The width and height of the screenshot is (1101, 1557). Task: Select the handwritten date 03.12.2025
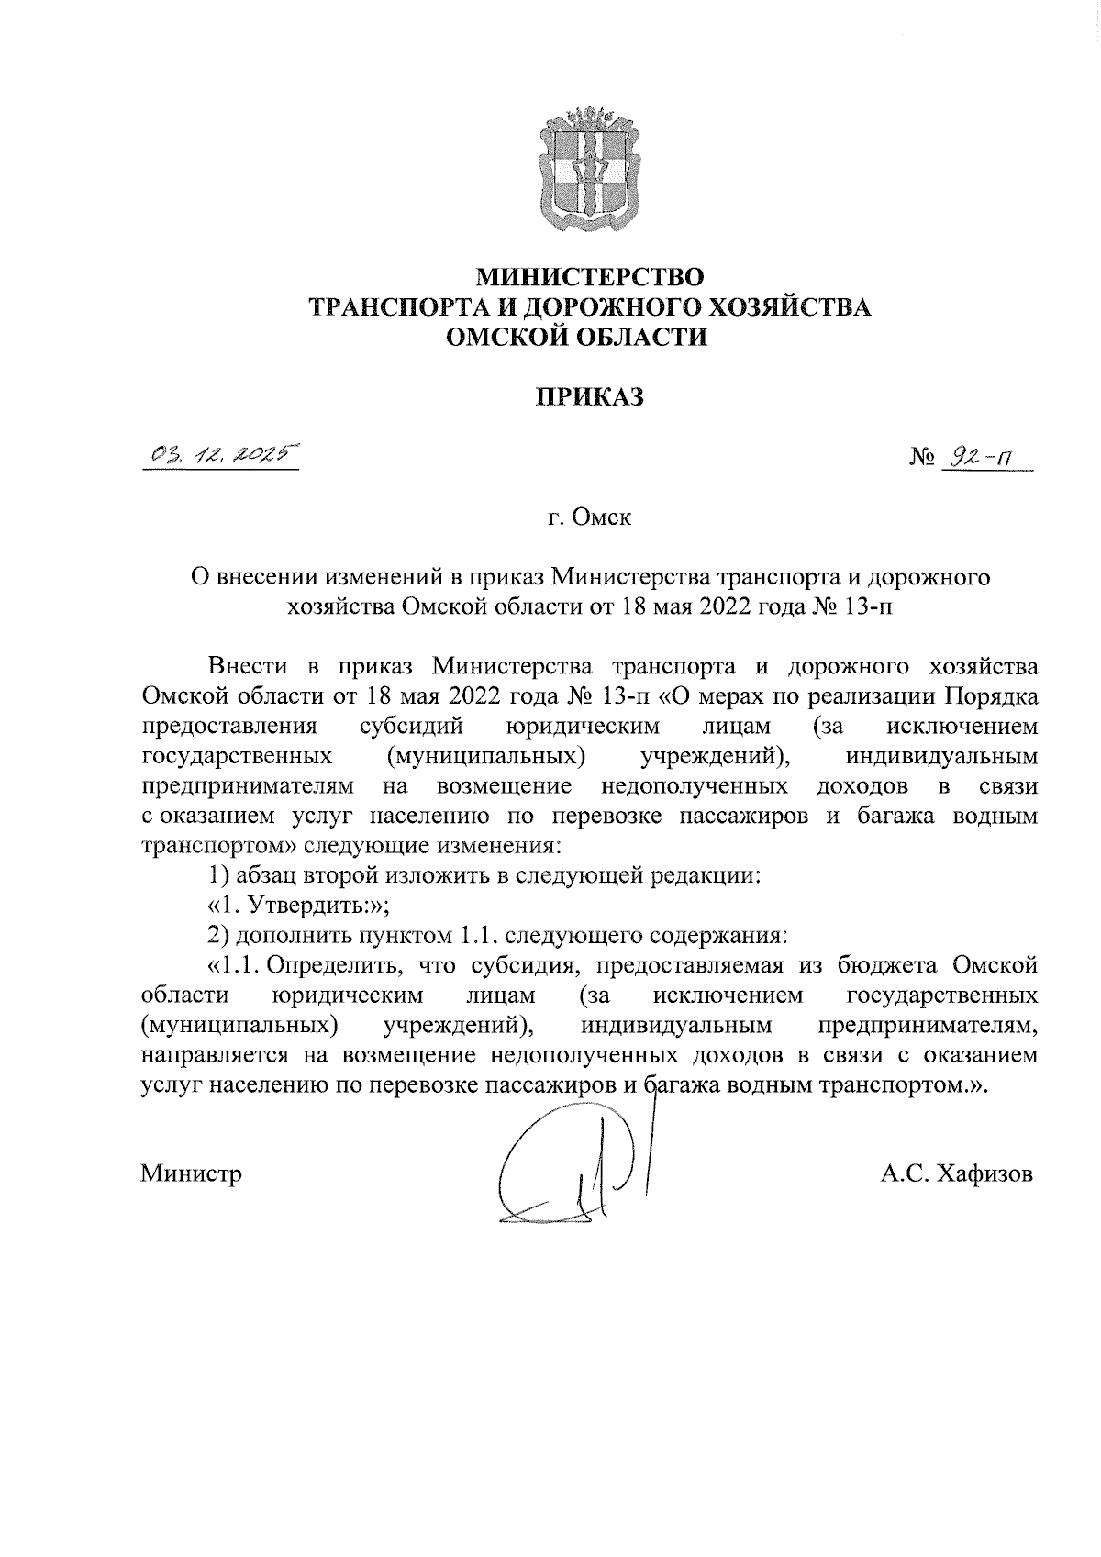coord(221,454)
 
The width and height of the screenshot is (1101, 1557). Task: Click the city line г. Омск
coord(590,518)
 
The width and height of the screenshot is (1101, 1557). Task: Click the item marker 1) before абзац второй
coord(217,876)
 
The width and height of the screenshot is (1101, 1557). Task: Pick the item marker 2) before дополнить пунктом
coord(217,936)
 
